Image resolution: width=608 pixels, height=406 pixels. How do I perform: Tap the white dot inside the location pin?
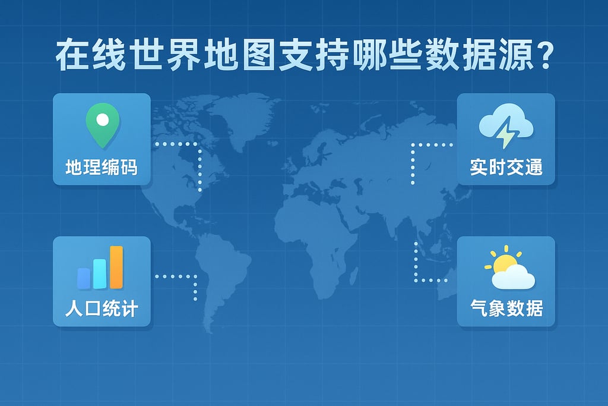[x=102, y=119]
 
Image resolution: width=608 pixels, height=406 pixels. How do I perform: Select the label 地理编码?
[x=102, y=167]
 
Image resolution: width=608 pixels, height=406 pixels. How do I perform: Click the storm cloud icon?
[x=506, y=128]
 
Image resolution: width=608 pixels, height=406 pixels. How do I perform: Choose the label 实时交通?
[x=506, y=167]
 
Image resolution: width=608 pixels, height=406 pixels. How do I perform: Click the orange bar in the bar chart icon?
[x=116, y=266]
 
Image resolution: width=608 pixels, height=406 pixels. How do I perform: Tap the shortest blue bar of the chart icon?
[x=84, y=277]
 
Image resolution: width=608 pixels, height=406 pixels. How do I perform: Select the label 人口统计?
[x=102, y=310]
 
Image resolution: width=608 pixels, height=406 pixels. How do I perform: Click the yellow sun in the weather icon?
[x=503, y=262]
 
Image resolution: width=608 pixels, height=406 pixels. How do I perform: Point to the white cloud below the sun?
[x=514, y=277]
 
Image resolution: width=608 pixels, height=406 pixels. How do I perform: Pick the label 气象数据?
[x=506, y=309]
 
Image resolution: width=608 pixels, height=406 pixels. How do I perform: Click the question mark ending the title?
[x=539, y=56]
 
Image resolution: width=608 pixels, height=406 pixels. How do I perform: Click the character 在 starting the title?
[x=69, y=57]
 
